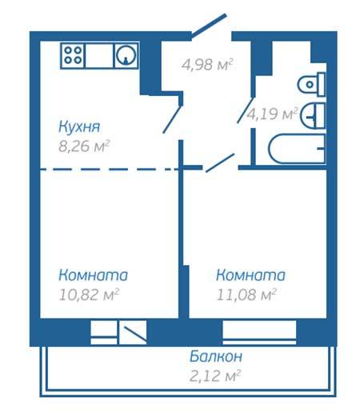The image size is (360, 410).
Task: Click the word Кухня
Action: click(79, 127)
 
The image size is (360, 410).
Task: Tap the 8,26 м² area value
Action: click(84, 146)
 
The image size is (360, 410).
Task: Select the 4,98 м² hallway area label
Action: click(207, 64)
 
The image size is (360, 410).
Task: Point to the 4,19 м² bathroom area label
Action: click(272, 114)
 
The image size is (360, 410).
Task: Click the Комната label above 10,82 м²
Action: click(94, 275)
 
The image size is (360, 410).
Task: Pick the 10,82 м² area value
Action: click(89, 295)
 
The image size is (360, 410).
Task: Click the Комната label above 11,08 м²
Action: click(250, 275)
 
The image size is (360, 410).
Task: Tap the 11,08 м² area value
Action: click(246, 295)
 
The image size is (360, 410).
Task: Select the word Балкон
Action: click(216, 356)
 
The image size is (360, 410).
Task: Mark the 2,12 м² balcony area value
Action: click(215, 376)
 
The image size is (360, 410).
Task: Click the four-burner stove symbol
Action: click(73, 55)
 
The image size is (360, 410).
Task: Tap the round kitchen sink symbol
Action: click(126, 55)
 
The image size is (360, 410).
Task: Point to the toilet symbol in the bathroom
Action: click(311, 84)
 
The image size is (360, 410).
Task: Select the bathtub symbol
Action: click(297, 149)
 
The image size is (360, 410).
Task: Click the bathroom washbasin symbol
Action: click(313, 115)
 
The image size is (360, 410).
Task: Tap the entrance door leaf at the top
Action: click(209, 25)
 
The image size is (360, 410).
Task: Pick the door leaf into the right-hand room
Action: click(220, 163)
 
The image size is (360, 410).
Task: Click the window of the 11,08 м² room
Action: click(259, 332)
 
